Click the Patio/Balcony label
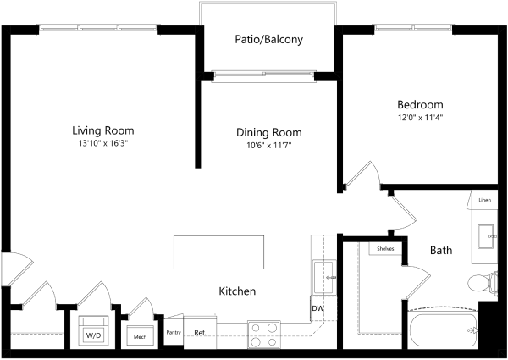coord(269,40)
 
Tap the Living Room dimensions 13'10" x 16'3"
coord(103,143)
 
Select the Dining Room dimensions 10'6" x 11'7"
coord(269,146)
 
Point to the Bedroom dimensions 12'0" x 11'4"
coord(420,117)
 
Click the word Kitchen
coord(237,291)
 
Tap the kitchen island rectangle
coord(218,252)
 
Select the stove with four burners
coord(264,335)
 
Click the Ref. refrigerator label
coord(200,333)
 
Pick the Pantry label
coord(174,332)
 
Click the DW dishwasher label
coord(317,308)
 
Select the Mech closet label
coord(140,337)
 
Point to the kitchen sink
coord(324,277)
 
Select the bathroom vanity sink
coord(486,236)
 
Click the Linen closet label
coord(484,200)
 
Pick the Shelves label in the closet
coord(385,249)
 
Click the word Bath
coord(441,250)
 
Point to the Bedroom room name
coord(420,105)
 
